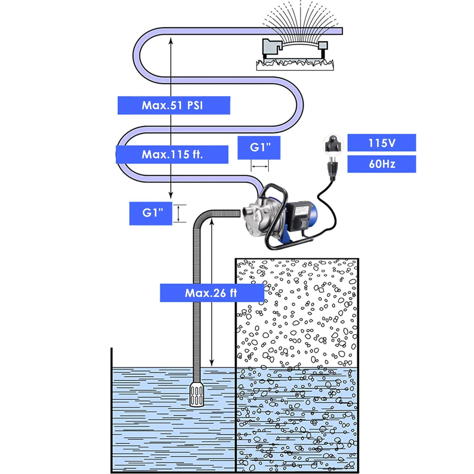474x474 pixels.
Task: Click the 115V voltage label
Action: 382,143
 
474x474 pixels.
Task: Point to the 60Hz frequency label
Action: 382,164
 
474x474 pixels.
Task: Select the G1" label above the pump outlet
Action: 259,148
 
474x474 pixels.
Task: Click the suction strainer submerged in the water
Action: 197,394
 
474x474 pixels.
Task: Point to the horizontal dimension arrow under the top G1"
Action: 260,166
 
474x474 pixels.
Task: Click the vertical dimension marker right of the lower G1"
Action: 179,213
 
